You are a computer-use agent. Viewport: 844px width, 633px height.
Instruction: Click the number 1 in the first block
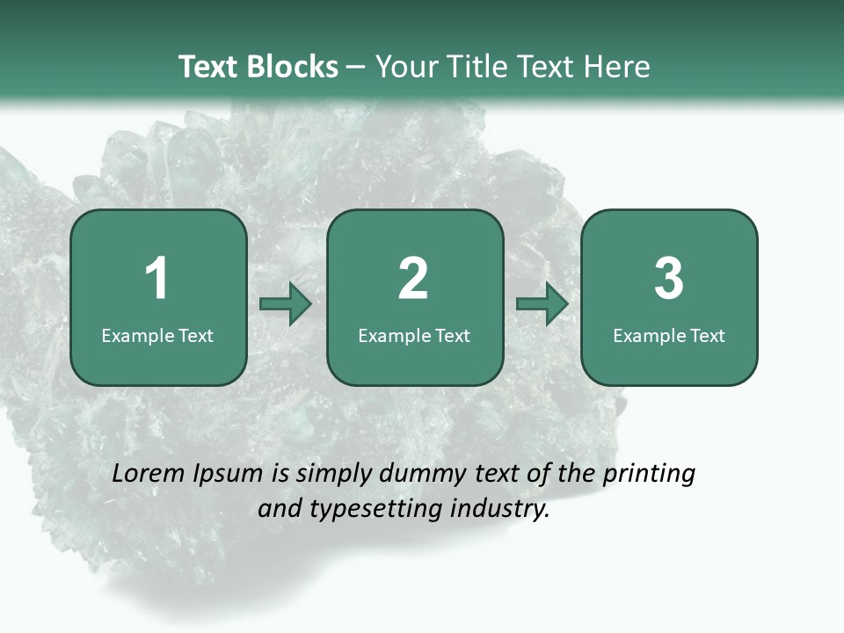157,279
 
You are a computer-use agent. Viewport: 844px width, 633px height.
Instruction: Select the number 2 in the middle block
413,279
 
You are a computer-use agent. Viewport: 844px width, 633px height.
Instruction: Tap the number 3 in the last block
669,279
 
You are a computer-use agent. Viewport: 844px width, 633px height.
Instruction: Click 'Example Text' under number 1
157,335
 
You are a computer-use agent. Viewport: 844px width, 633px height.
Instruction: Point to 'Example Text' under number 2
414,335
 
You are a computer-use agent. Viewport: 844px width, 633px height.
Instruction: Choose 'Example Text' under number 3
669,335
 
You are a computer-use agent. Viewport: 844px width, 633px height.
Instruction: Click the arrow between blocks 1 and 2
286,304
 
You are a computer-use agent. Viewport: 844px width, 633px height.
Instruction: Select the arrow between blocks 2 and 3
542,304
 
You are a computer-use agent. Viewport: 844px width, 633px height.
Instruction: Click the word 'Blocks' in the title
292,67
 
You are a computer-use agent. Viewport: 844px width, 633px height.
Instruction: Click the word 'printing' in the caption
649,475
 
